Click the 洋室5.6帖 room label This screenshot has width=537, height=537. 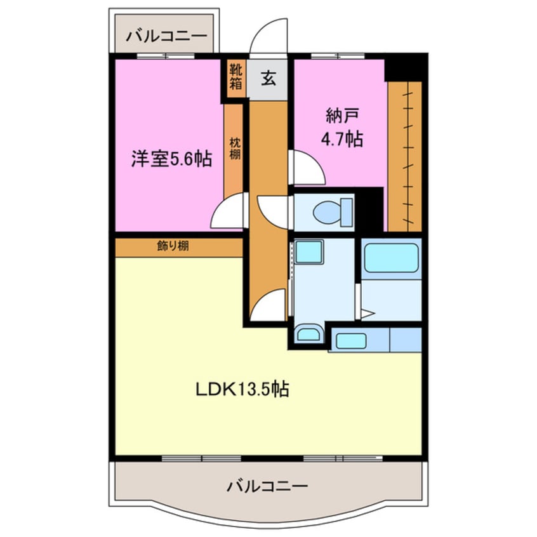tap(171, 159)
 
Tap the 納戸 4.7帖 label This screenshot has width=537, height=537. tap(343, 128)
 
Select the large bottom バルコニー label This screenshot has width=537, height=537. tap(267, 487)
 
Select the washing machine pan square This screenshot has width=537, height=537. tap(309, 252)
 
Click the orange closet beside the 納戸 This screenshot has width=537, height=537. tap(404, 156)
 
